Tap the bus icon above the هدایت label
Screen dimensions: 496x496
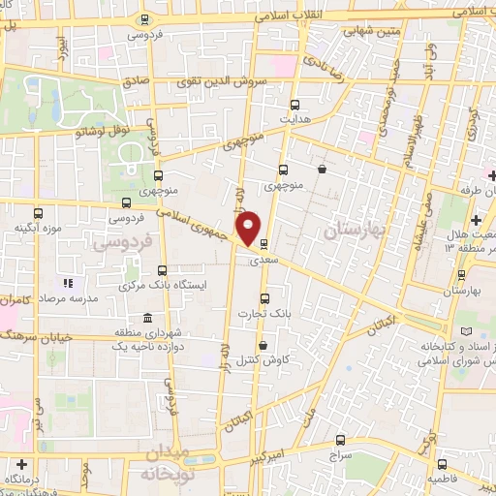(295, 105)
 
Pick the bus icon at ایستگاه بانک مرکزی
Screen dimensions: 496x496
(164, 271)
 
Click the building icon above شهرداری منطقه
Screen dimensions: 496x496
(146, 319)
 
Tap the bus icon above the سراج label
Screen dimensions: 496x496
(337, 439)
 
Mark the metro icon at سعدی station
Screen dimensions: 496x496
(263, 246)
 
